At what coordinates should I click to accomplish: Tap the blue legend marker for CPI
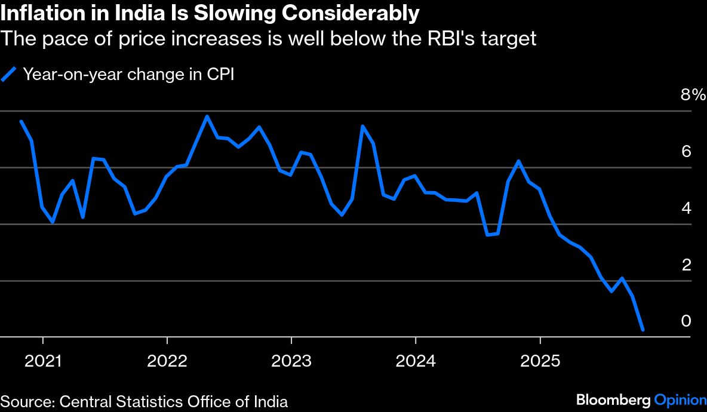pyautogui.click(x=9, y=74)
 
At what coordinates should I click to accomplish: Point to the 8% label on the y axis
pyautogui.click(x=693, y=95)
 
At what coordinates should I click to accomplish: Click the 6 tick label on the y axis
pyautogui.click(x=686, y=152)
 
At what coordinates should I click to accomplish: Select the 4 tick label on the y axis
pyautogui.click(x=686, y=208)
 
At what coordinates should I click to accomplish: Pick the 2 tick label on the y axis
pyautogui.click(x=686, y=265)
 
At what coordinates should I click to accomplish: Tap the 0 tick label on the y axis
pyautogui.click(x=686, y=321)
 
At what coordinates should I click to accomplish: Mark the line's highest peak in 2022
pyautogui.click(x=207, y=116)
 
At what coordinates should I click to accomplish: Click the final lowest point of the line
pyautogui.click(x=643, y=329)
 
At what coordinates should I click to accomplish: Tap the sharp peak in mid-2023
pyautogui.click(x=362, y=126)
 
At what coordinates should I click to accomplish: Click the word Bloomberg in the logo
pyautogui.click(x=613, y=400)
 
